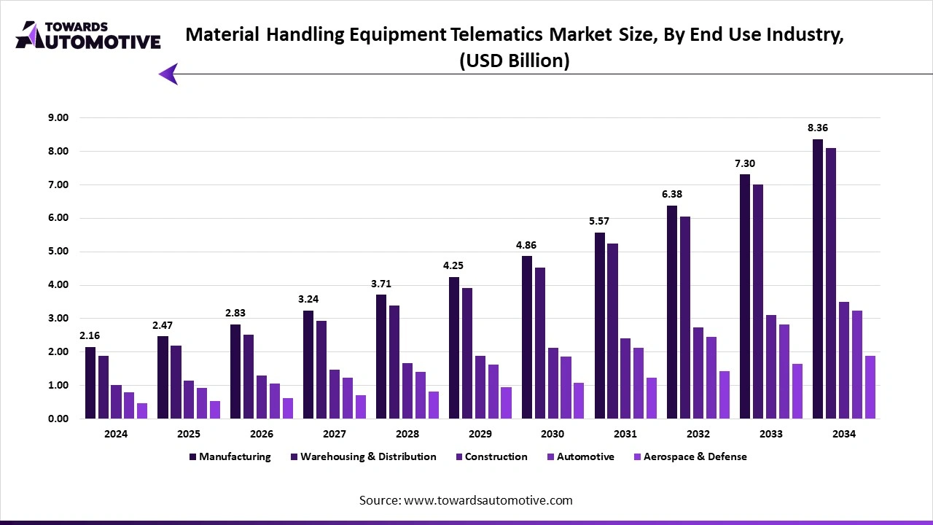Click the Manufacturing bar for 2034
coord(818,279)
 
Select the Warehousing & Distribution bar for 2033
coord(758,301)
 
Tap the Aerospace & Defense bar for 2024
coord(142,411)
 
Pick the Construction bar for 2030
coord(553,383)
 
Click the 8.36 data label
coord(818,128)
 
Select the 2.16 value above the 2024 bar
coord(90,336)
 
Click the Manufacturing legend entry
coord(230,457)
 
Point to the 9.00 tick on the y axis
coord(58,118)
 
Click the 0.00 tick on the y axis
coord(58,419)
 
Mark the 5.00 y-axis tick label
coord(58,252)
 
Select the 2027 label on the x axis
coord(335,434)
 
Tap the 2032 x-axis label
coord(698,434)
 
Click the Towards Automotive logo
coord(87,35)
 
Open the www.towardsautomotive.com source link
coord(488,501)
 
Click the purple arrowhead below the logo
coord(168,74)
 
